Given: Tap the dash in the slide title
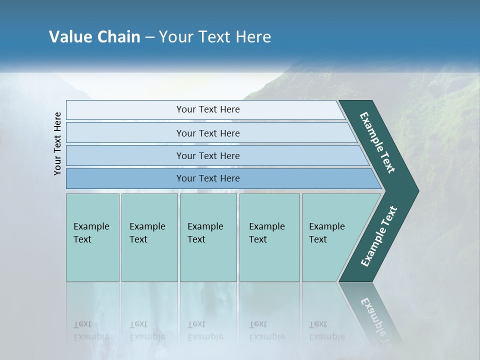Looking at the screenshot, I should pos(149,37).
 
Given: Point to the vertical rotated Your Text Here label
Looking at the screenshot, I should pos(57,143).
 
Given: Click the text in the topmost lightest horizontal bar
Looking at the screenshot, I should pos(208,109).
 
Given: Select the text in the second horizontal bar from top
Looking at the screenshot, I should pos(208,133).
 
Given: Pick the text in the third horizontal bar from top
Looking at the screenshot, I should pos(208,156).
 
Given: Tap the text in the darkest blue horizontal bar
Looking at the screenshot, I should pos(208,178).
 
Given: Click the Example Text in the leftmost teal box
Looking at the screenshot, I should pos(91,233).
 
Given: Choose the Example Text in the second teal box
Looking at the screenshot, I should pos(147,233).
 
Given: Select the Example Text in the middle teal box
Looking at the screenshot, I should pos(205,233).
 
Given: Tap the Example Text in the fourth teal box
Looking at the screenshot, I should pos(266,233).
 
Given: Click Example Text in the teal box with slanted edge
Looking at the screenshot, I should pos(326,233).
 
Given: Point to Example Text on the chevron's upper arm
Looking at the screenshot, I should pos(377,143).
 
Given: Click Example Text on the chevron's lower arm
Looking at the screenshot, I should pos(378,236).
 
